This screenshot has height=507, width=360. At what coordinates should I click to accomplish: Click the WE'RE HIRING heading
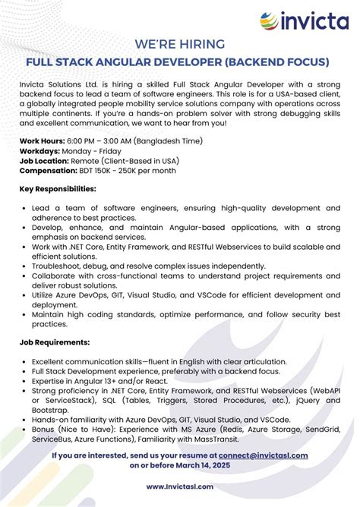[x=179, y=45]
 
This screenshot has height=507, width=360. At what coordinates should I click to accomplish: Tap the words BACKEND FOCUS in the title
[x=281, y=61]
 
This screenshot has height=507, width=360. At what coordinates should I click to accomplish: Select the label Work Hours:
[x=42, y=141]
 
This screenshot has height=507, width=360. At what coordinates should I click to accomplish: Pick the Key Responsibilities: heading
[x=58, y=190]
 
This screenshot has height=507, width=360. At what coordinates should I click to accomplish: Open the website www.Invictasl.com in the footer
[x=179, y=487]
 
